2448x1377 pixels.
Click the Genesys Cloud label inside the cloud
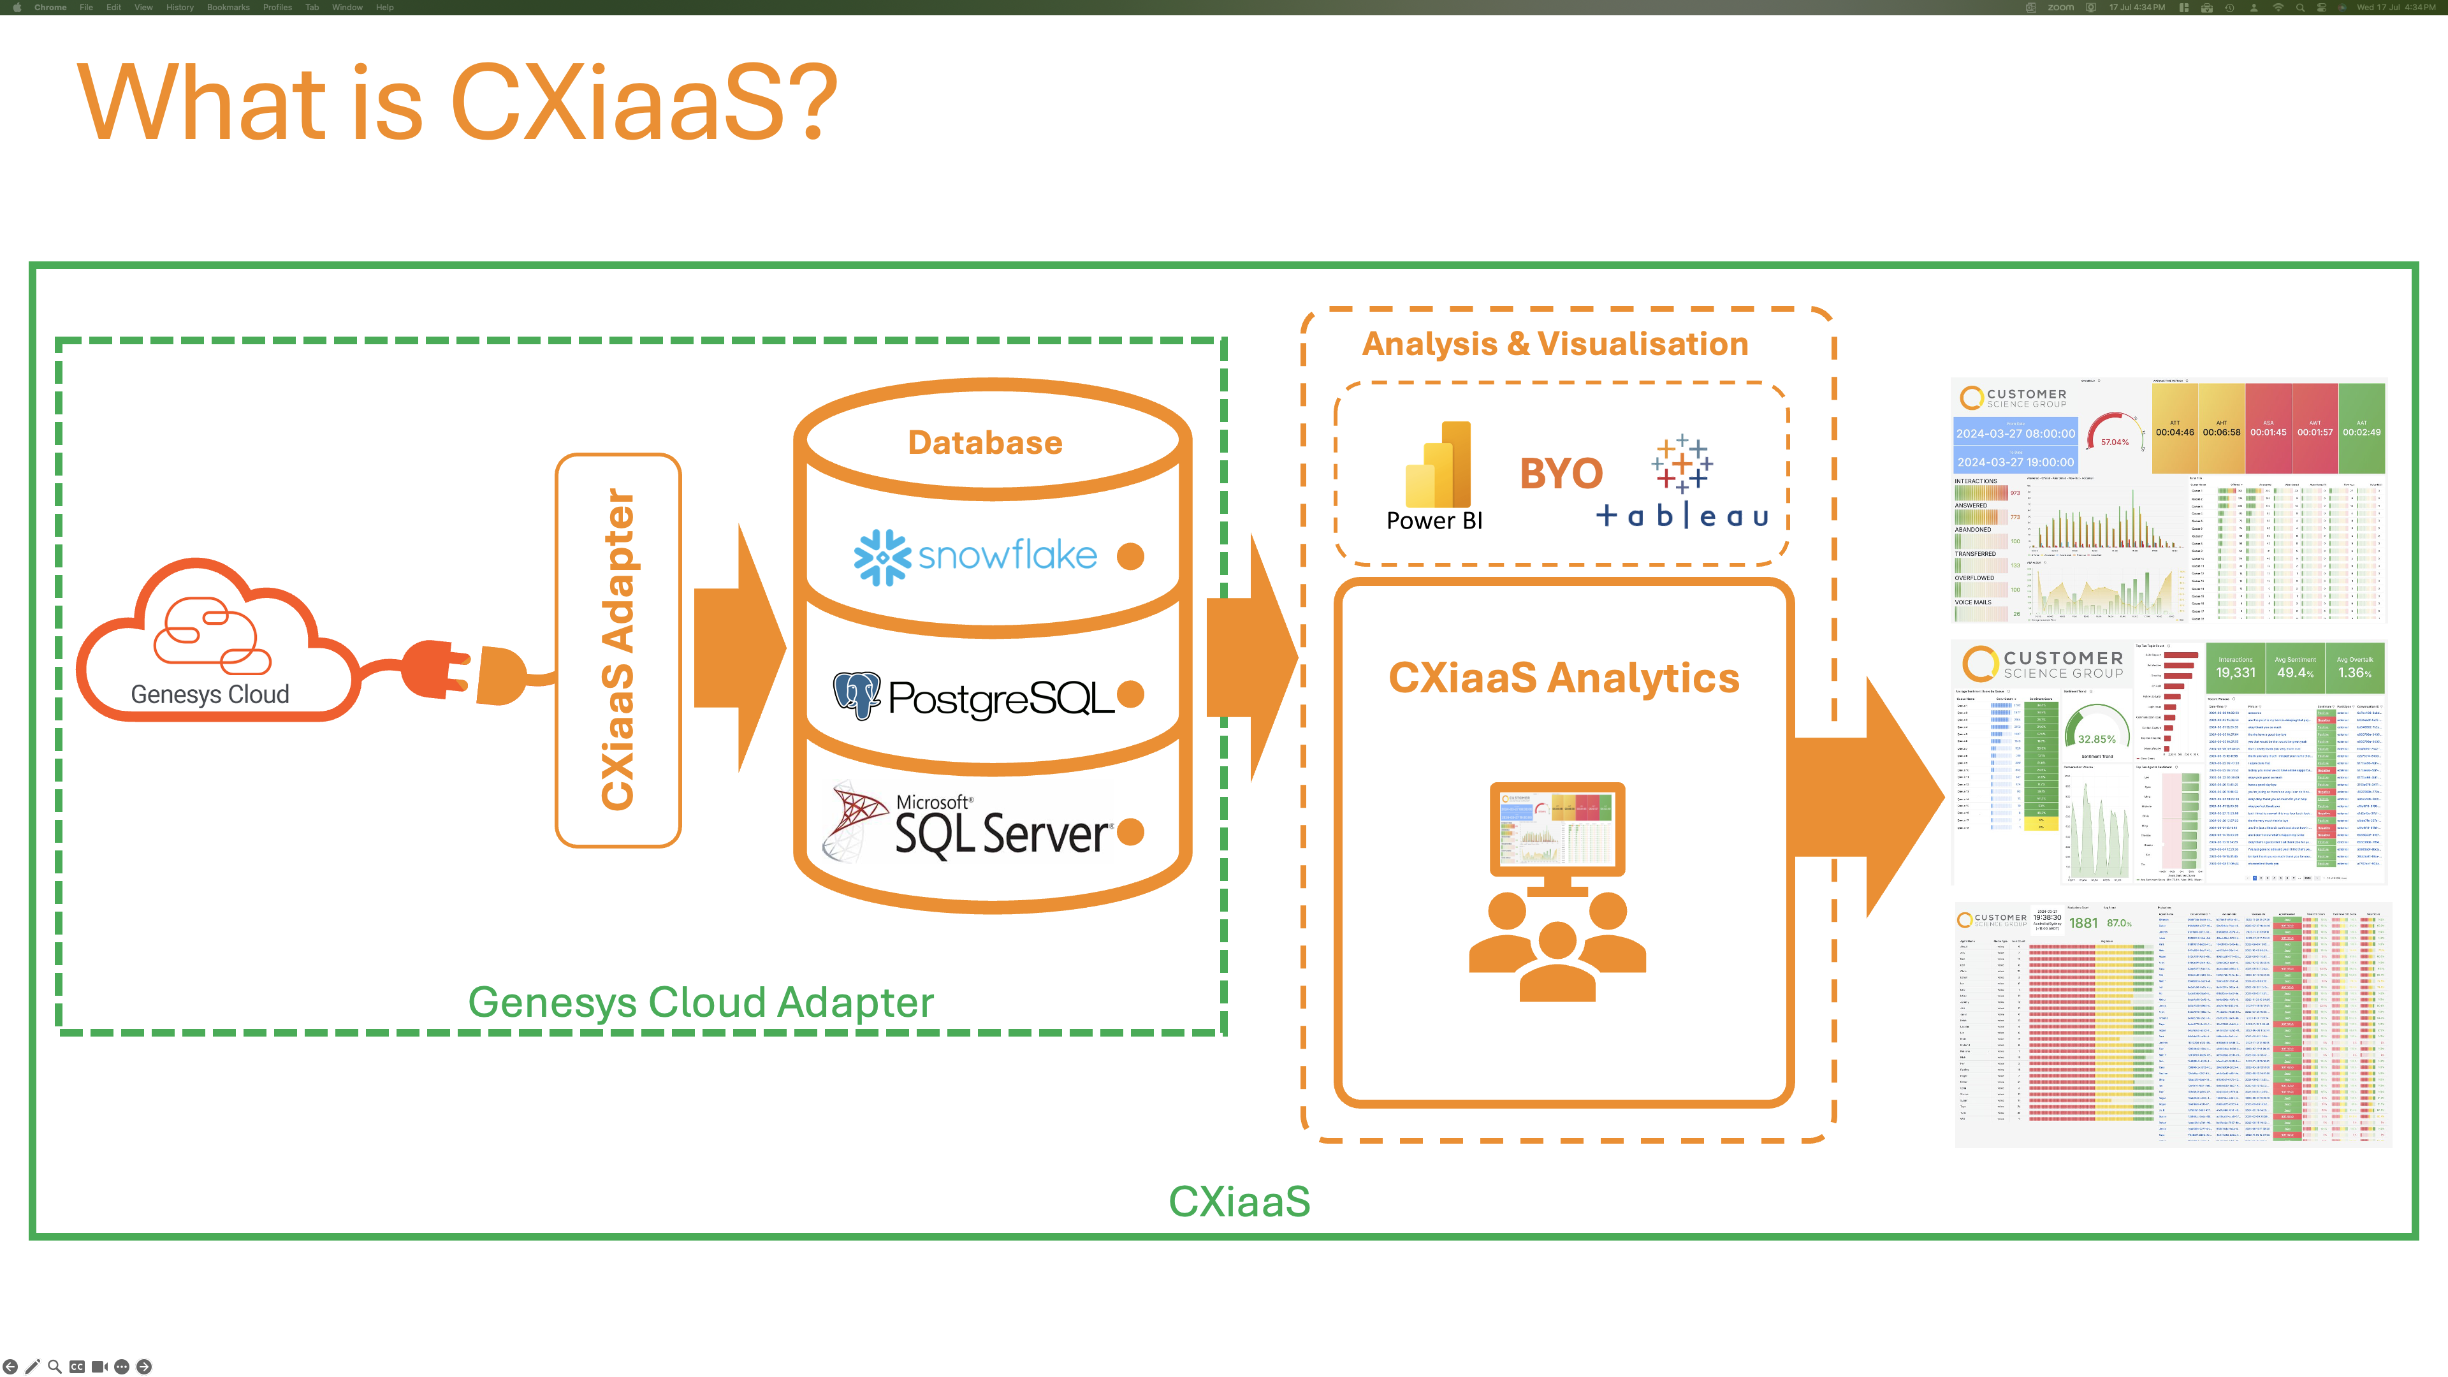pos(210,695)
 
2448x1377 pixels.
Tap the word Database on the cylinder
pos(986,443)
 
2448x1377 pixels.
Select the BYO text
pos(1561,473)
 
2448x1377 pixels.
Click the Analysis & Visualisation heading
pos(1555,344)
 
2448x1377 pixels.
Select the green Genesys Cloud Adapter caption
pos(701,1003)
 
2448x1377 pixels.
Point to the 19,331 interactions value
pos(2235,673)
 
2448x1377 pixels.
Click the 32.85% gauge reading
pos(2096,739)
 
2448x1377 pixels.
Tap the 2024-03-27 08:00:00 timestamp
pos(2014,433)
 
